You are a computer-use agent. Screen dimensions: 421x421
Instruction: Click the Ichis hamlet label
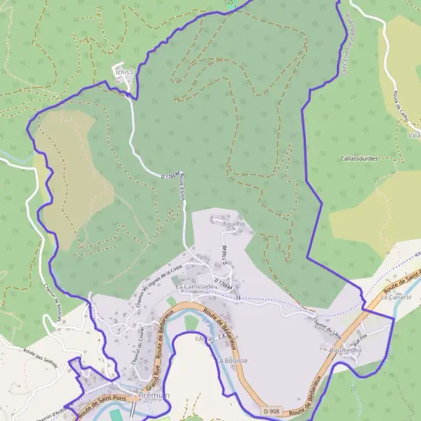[x=123, y=71]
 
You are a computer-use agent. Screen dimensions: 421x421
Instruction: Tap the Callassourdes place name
[x=358, y=159]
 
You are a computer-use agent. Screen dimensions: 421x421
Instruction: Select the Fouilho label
[x=233, y=223]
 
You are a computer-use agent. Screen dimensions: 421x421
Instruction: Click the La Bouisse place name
[x=232, y=360]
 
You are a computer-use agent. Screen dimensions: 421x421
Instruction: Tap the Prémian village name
[x=154, y=396]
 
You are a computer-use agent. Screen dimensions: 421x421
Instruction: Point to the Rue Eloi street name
[x=360, y=342]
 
